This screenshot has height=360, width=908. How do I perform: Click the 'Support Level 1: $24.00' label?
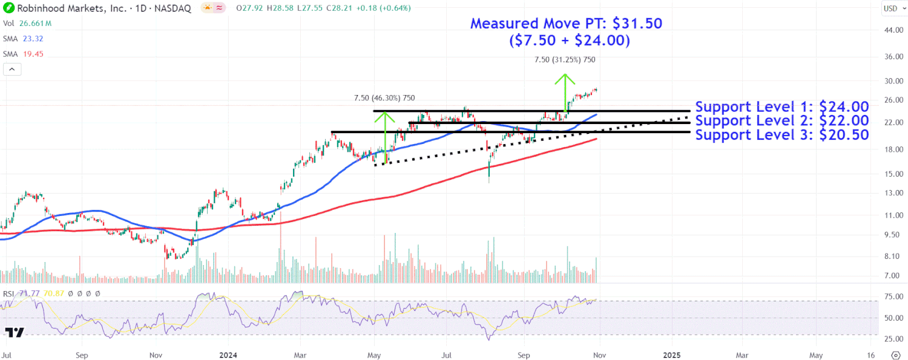click(782, 107)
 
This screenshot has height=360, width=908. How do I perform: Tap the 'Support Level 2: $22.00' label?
click(782, 121)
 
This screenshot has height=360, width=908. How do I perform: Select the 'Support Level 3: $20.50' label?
click(782, 135)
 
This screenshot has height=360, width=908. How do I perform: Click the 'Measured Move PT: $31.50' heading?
click(566, 24)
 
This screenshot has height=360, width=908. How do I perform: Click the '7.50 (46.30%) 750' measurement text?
click(384, 98)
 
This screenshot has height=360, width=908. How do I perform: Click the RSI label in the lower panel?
click(8, 293)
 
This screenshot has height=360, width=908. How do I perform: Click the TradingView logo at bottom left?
click(15, 332)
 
